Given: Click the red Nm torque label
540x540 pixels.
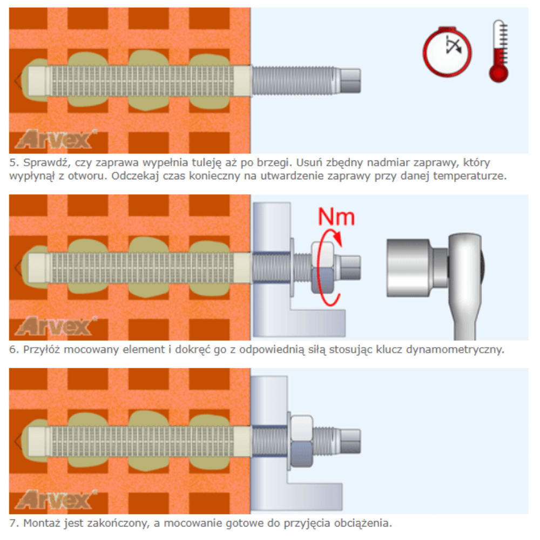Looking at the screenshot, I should [x=336, y=217].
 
